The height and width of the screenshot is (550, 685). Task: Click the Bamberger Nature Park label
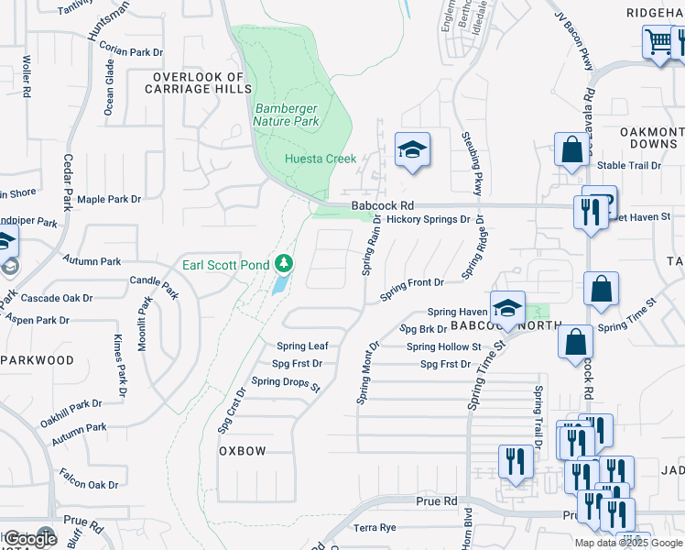286,115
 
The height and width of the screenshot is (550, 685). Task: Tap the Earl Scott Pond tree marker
284,264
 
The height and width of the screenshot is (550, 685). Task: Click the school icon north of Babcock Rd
412,148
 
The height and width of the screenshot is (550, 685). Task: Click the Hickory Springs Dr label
427,220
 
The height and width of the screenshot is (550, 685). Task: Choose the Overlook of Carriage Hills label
202,83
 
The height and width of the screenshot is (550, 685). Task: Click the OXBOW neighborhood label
243,452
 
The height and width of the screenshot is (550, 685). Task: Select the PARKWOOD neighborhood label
38,360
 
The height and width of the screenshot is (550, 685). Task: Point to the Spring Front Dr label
412,283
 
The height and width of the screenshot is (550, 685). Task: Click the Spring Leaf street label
302,346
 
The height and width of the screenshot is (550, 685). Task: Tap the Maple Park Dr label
109,199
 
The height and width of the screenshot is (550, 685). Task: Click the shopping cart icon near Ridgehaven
658,41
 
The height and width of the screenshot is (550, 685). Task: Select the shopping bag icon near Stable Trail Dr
571,149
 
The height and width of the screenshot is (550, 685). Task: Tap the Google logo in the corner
30,539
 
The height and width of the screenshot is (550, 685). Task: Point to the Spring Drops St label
285,382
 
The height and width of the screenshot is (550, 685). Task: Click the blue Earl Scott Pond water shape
278,285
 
